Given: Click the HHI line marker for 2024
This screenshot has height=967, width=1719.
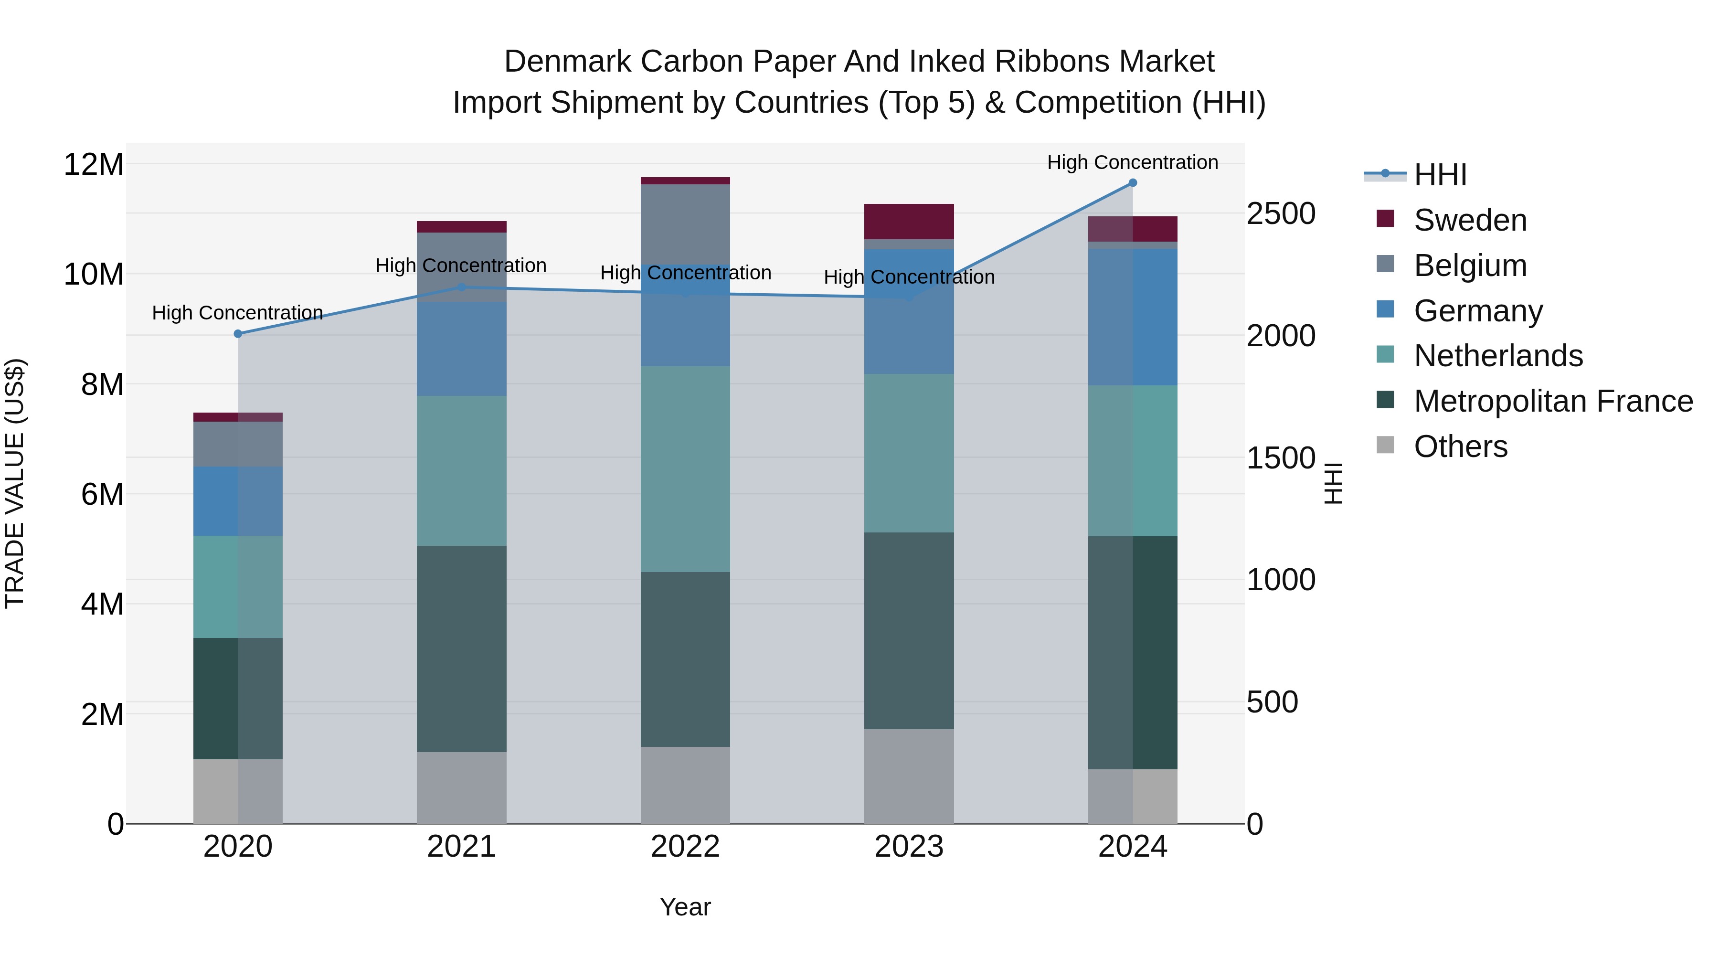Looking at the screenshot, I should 1133,183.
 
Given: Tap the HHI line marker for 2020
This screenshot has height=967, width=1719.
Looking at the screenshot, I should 238,334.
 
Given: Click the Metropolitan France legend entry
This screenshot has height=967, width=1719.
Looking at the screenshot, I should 1552,401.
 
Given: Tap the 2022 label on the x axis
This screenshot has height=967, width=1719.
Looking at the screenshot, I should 685,847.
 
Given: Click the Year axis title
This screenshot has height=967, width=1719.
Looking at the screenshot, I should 685,907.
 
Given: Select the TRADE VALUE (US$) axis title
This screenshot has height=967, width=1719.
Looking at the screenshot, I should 15,483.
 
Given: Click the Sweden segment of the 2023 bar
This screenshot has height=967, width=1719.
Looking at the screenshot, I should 909,222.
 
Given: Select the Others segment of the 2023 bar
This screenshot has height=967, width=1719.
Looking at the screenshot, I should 909,776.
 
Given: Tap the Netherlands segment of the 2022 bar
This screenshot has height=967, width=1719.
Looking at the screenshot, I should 685,468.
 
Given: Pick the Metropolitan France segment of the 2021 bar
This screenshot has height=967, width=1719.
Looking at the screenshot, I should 461,648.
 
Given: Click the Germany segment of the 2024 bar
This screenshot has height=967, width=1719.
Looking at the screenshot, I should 1133,317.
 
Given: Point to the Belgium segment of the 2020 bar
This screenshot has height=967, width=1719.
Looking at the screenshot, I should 238,444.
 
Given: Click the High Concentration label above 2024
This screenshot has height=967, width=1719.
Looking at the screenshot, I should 1133,162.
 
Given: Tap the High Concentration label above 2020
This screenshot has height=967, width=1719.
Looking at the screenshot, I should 238,312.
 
